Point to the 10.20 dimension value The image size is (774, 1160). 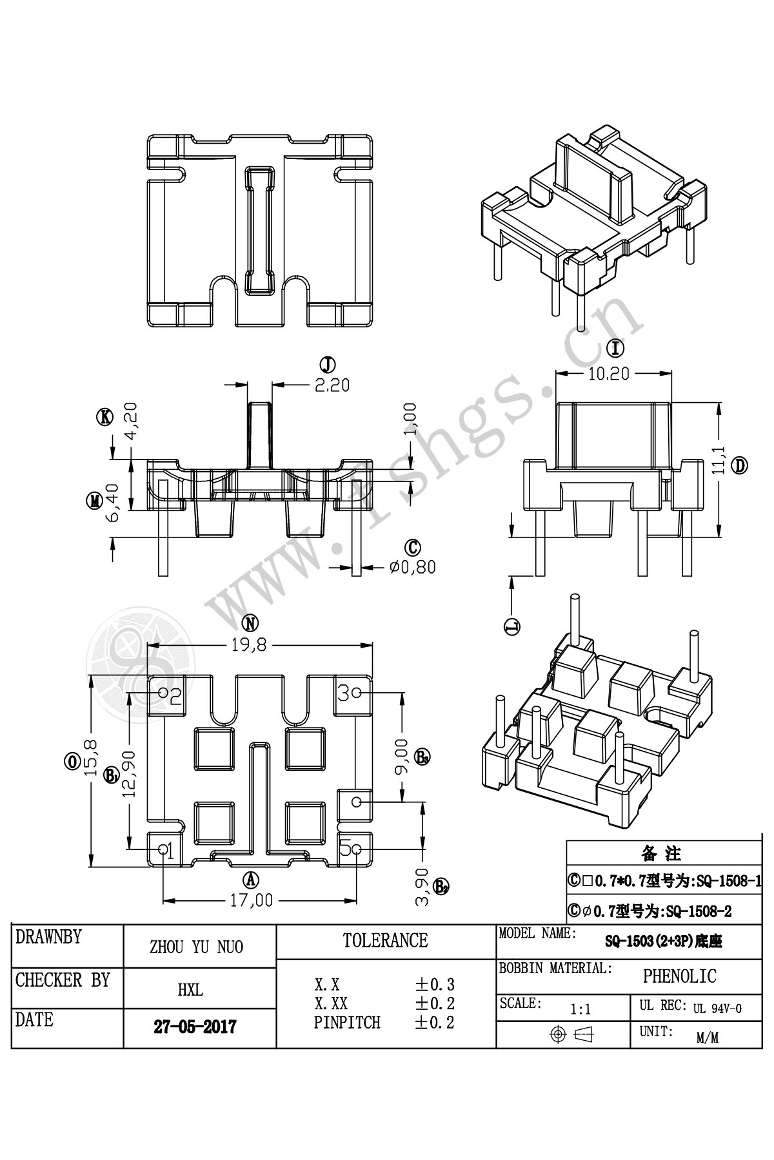tap(608, 374)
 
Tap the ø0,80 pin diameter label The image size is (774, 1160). tap(413, 567)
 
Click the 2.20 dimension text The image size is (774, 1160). tap(332, 385)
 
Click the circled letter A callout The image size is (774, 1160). tap(250, 879)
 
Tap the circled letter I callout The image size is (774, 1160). tap(617, 349)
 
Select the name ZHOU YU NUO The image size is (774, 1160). tap(196, 947)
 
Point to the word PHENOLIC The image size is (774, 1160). tap(679, 977)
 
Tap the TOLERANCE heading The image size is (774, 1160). tap(385, 941)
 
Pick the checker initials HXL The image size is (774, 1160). tap(190, 990)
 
